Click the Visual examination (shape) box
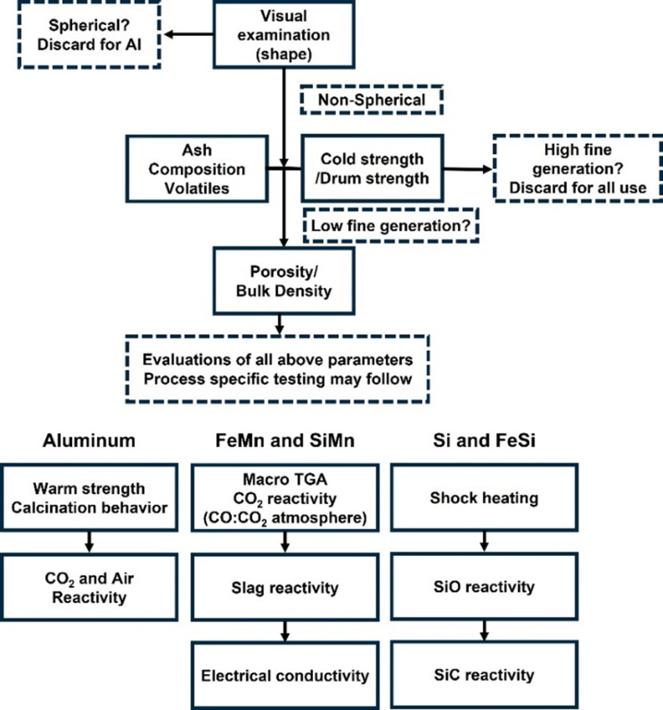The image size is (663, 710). point(284,34)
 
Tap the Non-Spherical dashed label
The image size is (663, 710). point(371,101)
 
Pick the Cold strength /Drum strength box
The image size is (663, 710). point(373,168)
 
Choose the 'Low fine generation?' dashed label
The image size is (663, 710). point(392,226)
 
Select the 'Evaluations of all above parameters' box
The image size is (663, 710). point(277,370)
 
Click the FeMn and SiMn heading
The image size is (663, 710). point(285,440)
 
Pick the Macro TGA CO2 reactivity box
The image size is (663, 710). point(285,498)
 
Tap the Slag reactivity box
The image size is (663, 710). point(285,588)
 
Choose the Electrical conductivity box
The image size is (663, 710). point(285,675)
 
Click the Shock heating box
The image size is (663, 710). point(483,498)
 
